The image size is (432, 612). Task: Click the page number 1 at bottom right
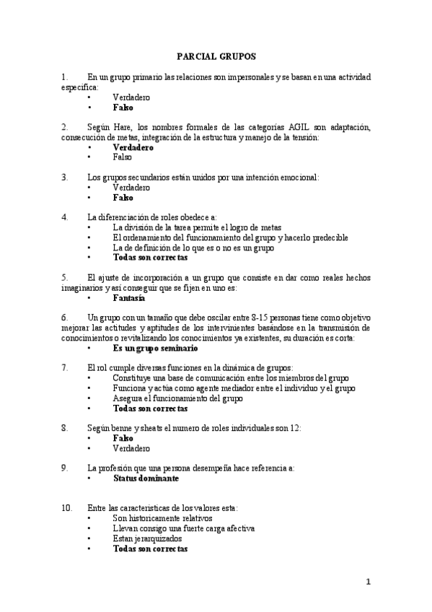367,582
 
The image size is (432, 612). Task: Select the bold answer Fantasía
128,297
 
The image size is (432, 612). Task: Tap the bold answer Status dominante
146,478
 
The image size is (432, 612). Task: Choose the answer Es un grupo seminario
155,348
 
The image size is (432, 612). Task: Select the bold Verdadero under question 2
133,147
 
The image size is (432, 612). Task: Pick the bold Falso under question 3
123,196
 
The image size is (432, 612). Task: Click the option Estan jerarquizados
147,538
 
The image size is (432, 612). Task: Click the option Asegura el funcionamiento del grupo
177,398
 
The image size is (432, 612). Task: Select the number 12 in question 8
294,428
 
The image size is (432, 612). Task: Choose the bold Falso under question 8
123,438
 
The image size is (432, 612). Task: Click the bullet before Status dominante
89,478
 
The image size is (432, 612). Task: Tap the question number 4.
65,217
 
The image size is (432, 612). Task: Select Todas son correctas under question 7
150,408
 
